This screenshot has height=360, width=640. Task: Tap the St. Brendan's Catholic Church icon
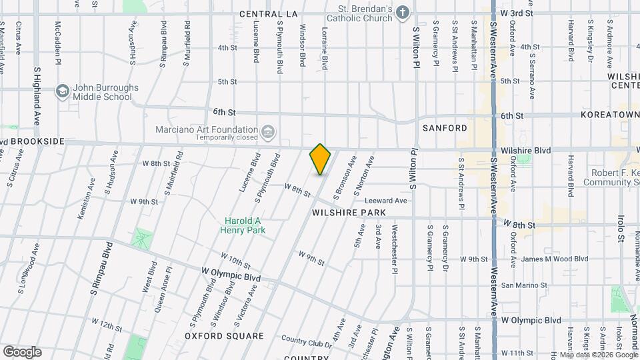tap(403, 13)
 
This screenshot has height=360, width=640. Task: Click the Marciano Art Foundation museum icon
tap(268, 131)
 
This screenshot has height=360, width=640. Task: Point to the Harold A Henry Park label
tap(243, 225)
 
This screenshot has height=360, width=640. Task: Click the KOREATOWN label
tap(610, 115)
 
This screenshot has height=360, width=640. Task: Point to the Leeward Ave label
tap(385, 201)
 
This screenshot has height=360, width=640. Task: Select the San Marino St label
tap(523, 285)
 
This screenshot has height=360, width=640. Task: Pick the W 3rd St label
tap(517, 13)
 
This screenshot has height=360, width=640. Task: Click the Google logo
tap(22, 351)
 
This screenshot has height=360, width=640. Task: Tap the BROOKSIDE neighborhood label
tap(37, 142)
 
